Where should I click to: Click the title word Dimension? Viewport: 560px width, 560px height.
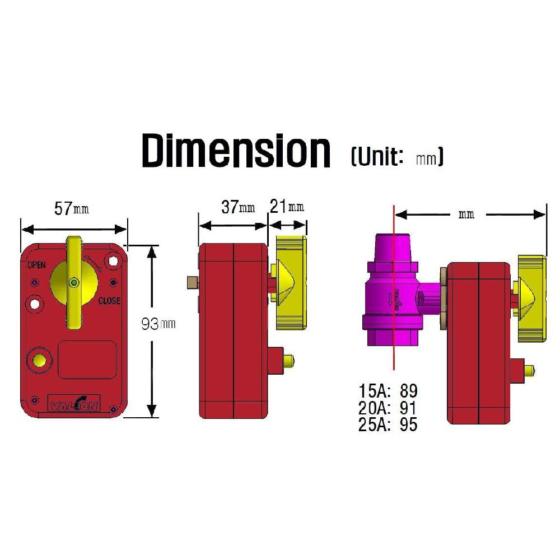point(236,150)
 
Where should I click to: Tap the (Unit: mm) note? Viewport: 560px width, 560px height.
point(396,156)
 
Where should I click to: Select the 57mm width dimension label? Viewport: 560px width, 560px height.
point(71,208)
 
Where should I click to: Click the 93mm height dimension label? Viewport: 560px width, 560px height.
point(158,324)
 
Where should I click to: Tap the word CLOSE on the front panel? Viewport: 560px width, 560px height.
point(109,301)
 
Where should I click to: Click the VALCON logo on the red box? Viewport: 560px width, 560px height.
point(74,404)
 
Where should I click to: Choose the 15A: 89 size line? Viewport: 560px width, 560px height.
point(388,390)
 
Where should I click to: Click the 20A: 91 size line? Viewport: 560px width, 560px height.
point(388,407)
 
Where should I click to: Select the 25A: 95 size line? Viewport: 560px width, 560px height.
point(388,424)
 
